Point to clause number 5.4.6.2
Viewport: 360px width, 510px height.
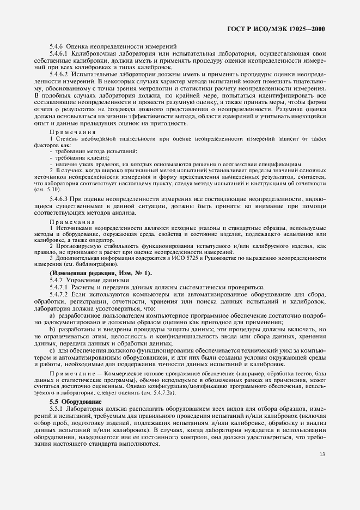60,74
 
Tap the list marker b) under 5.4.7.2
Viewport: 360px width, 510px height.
52,330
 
